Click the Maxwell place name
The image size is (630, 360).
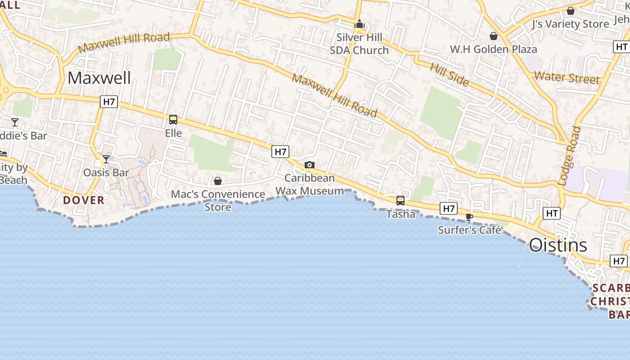coord(99,78)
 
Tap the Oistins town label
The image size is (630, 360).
coord(558,245)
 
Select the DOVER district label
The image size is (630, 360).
coord(84,200)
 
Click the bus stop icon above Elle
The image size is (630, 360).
coord(173,119)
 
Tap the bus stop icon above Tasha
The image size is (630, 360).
coord(400,201)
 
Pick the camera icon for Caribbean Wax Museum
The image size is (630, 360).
coord(310,165)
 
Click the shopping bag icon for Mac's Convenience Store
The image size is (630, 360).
coord(218,181)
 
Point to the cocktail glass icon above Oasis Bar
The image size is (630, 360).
coord(106,159)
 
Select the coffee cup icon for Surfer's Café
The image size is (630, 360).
coord(469,217)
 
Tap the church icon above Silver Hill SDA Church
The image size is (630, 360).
coord(359,24)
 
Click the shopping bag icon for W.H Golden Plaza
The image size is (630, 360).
coord(494,36)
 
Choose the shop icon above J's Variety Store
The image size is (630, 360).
coord(571,11)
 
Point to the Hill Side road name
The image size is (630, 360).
coord(450,74)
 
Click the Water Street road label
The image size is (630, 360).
coord(567,78)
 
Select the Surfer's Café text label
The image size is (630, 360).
coord(469,230)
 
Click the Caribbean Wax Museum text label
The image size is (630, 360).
coord(310,184)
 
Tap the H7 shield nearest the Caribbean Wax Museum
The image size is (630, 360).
coord(280,152)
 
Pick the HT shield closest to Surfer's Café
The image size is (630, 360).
coord(552,213)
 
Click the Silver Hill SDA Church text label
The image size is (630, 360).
coord(359,44)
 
